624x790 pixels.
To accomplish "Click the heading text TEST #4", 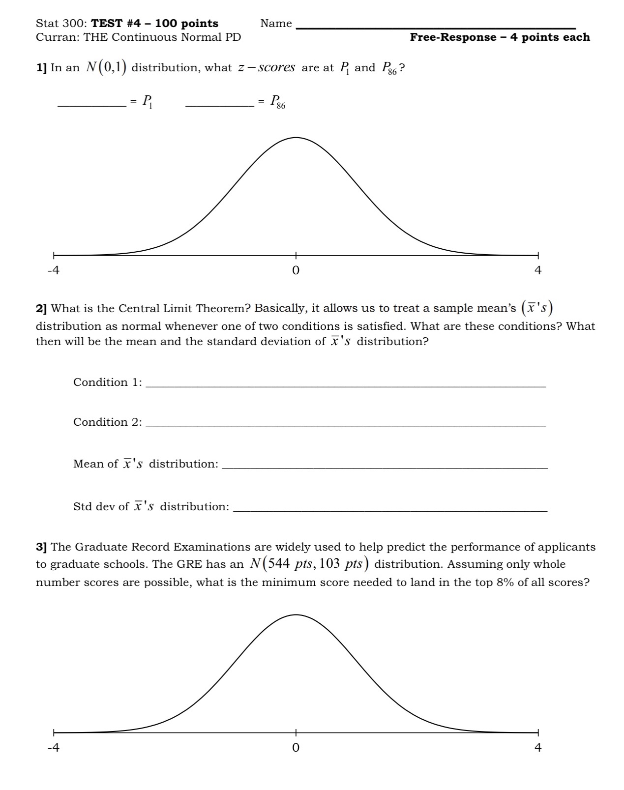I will click(116, 24).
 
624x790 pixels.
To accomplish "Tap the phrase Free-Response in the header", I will click(453, 37).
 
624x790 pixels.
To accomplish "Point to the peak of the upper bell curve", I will click(296, 138).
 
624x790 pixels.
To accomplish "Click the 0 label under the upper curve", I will click(296, 270).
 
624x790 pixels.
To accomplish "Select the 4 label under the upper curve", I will click(537, 270).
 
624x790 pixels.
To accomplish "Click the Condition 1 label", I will click(107, 382).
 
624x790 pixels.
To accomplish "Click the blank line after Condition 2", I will click(346, 425).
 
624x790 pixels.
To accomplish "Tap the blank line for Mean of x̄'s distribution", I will click(385, 467).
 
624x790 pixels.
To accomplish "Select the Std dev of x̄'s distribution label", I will click(150, 506).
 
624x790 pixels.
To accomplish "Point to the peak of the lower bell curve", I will click(296, 615).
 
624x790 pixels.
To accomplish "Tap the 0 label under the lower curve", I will click(296, 748).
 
